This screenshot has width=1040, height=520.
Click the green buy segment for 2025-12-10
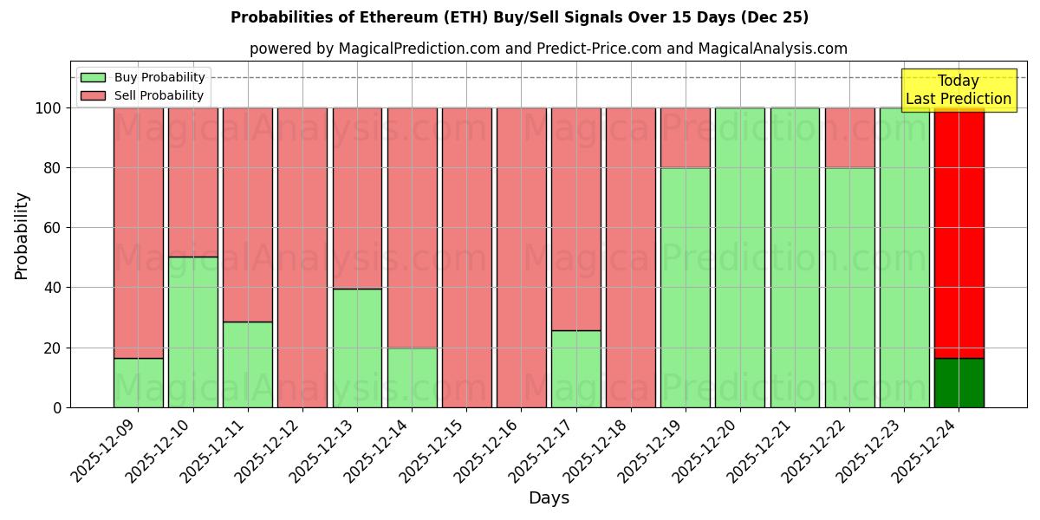192,332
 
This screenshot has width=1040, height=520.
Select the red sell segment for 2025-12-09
138,232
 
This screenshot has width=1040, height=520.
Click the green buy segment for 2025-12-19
685,287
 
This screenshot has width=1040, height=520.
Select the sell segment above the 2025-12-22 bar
849,138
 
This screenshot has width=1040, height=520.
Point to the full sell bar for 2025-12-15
466,257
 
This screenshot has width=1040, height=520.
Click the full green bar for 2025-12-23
904,257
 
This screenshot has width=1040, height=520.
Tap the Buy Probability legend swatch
93,78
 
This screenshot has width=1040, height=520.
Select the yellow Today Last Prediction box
958,90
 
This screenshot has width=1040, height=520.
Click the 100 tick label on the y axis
48,108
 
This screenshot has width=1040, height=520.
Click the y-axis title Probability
22,235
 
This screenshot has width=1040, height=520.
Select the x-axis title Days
549,498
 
